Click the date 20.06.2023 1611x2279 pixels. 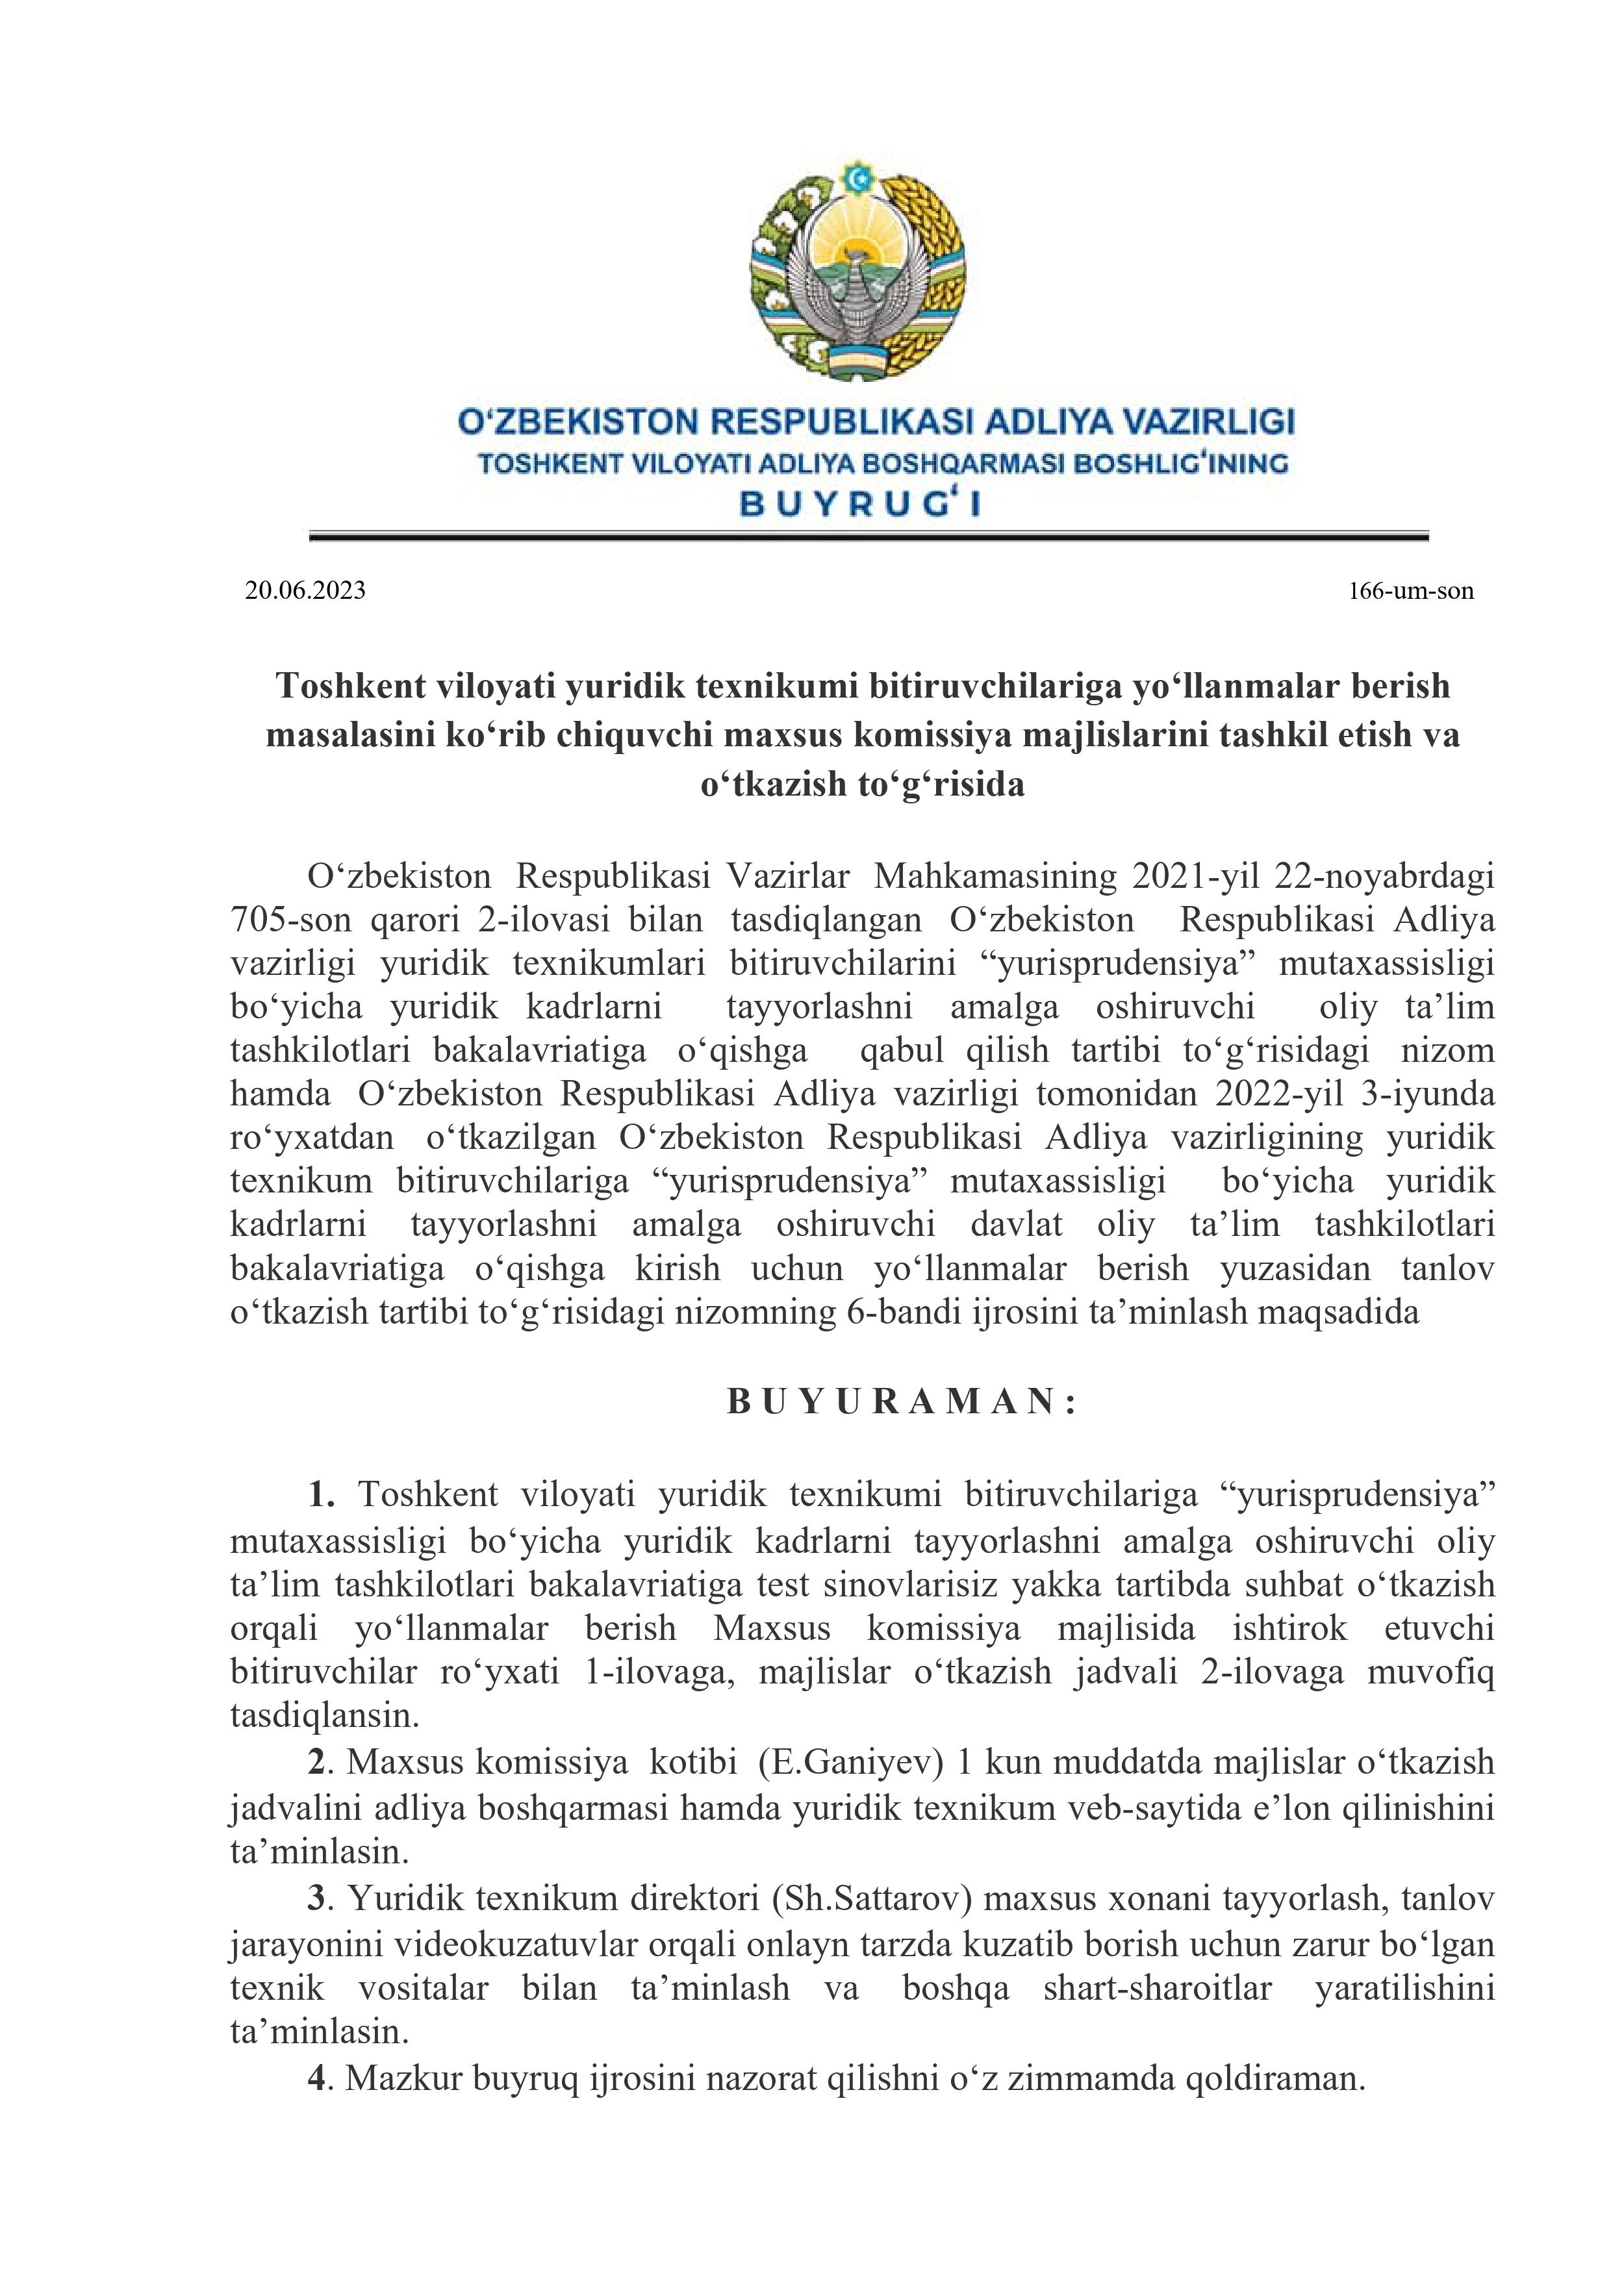pos(305,592)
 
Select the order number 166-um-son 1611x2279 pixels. pos(1410,592)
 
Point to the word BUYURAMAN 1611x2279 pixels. pos(901,1400)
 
